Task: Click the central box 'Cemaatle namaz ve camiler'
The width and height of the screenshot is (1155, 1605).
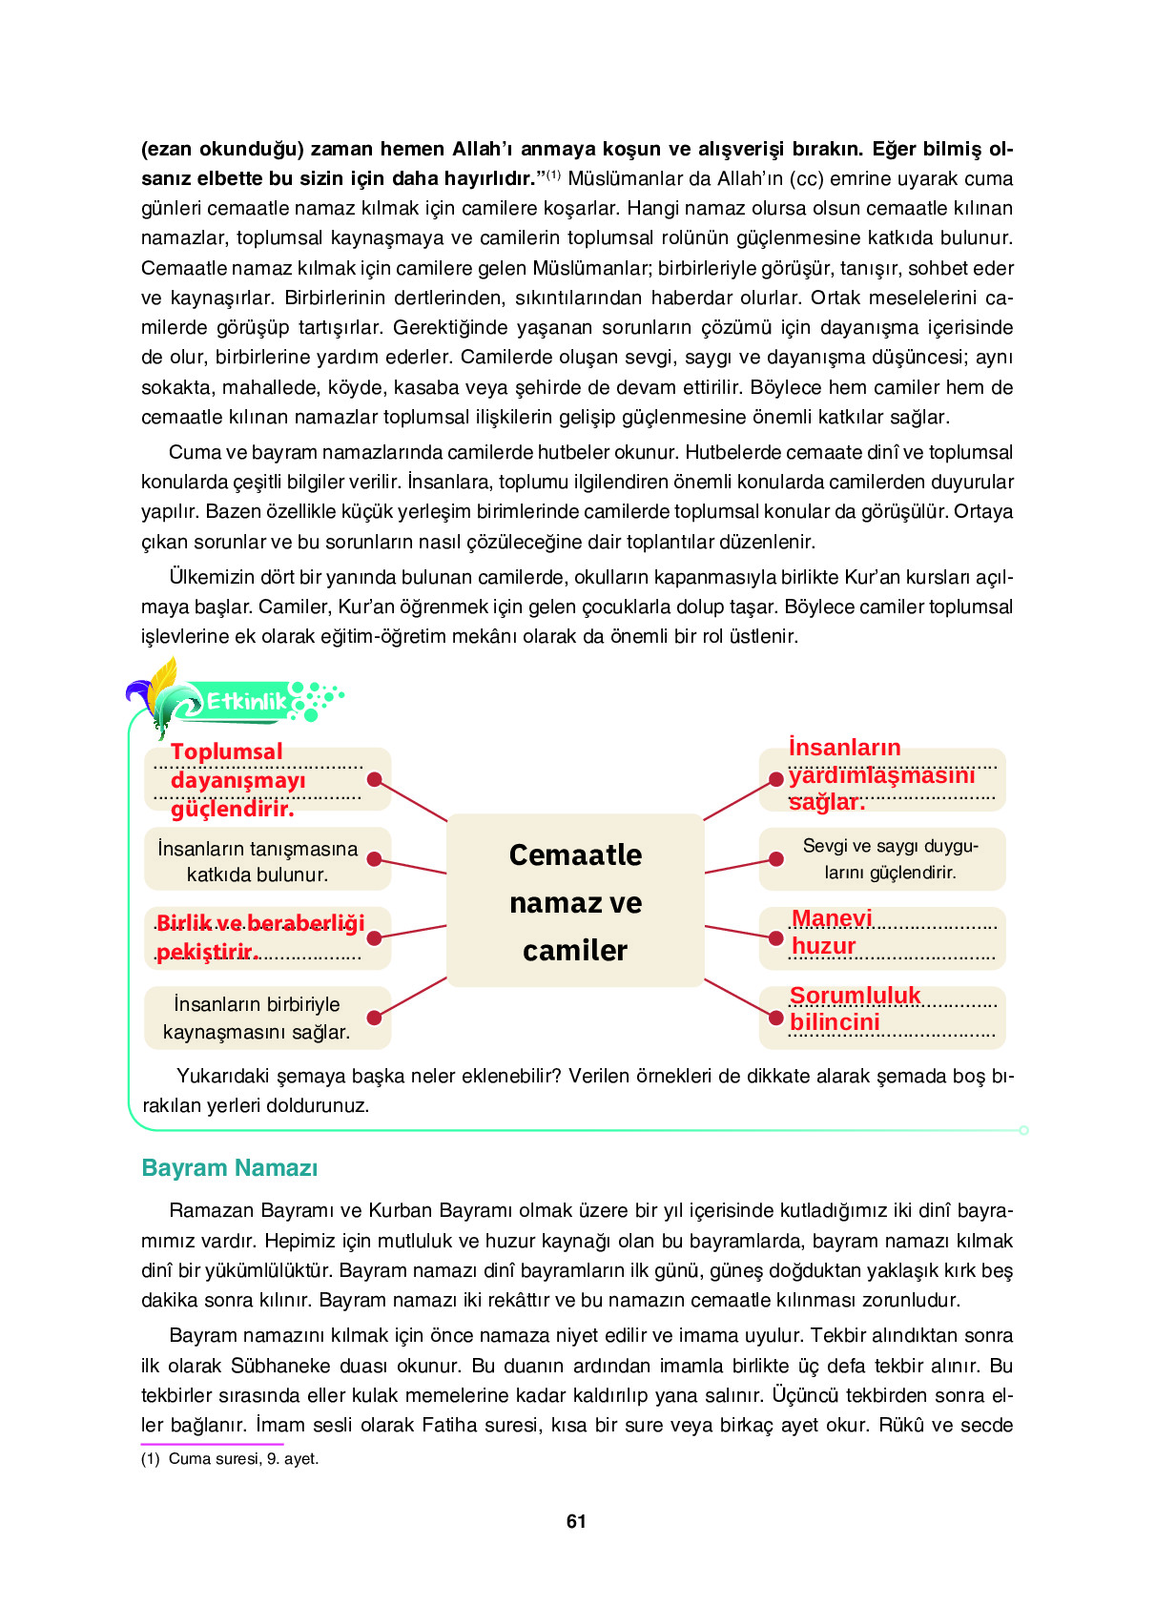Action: click(575, 900)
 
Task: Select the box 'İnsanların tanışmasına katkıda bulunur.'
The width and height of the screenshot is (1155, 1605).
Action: click(258, 861)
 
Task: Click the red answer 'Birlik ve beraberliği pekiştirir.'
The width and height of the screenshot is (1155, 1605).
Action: click(259, 936)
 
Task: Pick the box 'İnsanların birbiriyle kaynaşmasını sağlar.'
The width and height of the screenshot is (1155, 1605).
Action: click(258, 1018)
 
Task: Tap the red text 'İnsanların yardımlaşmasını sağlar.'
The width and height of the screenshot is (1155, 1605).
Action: click(881, 775)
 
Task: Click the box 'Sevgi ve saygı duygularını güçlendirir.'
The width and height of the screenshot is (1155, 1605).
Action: click(890, 858)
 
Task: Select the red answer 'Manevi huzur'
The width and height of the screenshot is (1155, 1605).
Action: click(831, 932)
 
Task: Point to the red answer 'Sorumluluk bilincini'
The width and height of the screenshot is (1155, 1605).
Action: click(854, 1009)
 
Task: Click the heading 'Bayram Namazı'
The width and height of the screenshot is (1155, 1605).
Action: click(230, 1168)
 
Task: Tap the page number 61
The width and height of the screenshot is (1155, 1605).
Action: click(576, 1521)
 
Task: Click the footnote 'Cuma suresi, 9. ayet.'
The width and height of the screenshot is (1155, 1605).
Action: click(243, 1458)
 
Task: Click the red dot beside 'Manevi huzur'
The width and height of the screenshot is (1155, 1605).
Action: click(776, 938)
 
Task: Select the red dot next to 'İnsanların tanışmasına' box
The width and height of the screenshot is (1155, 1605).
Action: click(375, 859)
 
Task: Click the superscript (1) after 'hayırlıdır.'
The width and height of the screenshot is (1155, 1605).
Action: click(553, 175)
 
